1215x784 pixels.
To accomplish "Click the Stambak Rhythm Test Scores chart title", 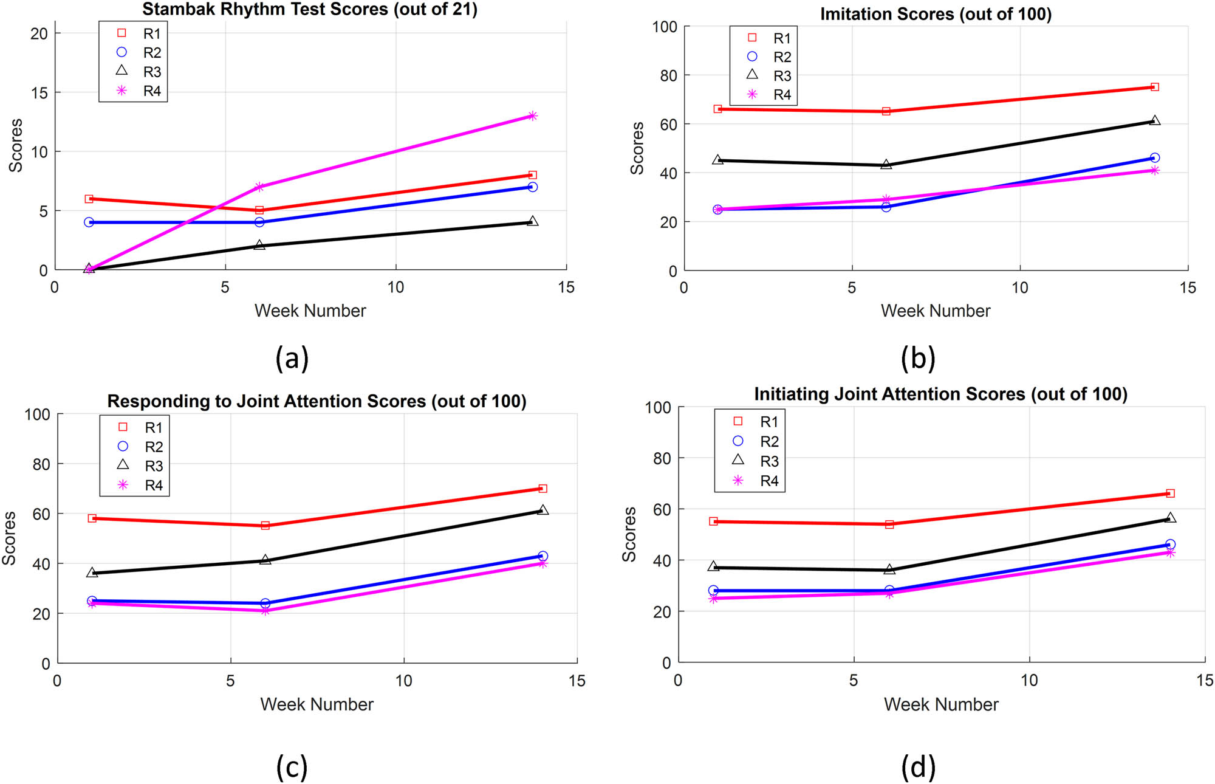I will point(310,9).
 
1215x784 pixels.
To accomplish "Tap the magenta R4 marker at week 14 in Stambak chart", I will point(533,116).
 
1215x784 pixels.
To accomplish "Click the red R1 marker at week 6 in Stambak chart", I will point(259,210).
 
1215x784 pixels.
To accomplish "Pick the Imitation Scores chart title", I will point(936,13).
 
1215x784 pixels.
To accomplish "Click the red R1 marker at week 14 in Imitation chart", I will point(1155,87).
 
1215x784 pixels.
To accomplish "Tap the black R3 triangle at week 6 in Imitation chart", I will point(886,164).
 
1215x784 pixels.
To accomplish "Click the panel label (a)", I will point(292,357).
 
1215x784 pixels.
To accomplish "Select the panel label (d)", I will point(918,767).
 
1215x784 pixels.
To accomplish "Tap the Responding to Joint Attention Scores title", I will point(317,401).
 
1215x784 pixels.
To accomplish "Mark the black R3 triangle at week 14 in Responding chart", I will point(543,510).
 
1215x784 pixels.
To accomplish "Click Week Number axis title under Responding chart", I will point(317,704).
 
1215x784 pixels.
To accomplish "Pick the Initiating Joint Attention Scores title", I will point(940,394).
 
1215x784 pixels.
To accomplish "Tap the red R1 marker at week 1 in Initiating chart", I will point(713,521).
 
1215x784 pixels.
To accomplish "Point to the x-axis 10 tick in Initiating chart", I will point(1029,680).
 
